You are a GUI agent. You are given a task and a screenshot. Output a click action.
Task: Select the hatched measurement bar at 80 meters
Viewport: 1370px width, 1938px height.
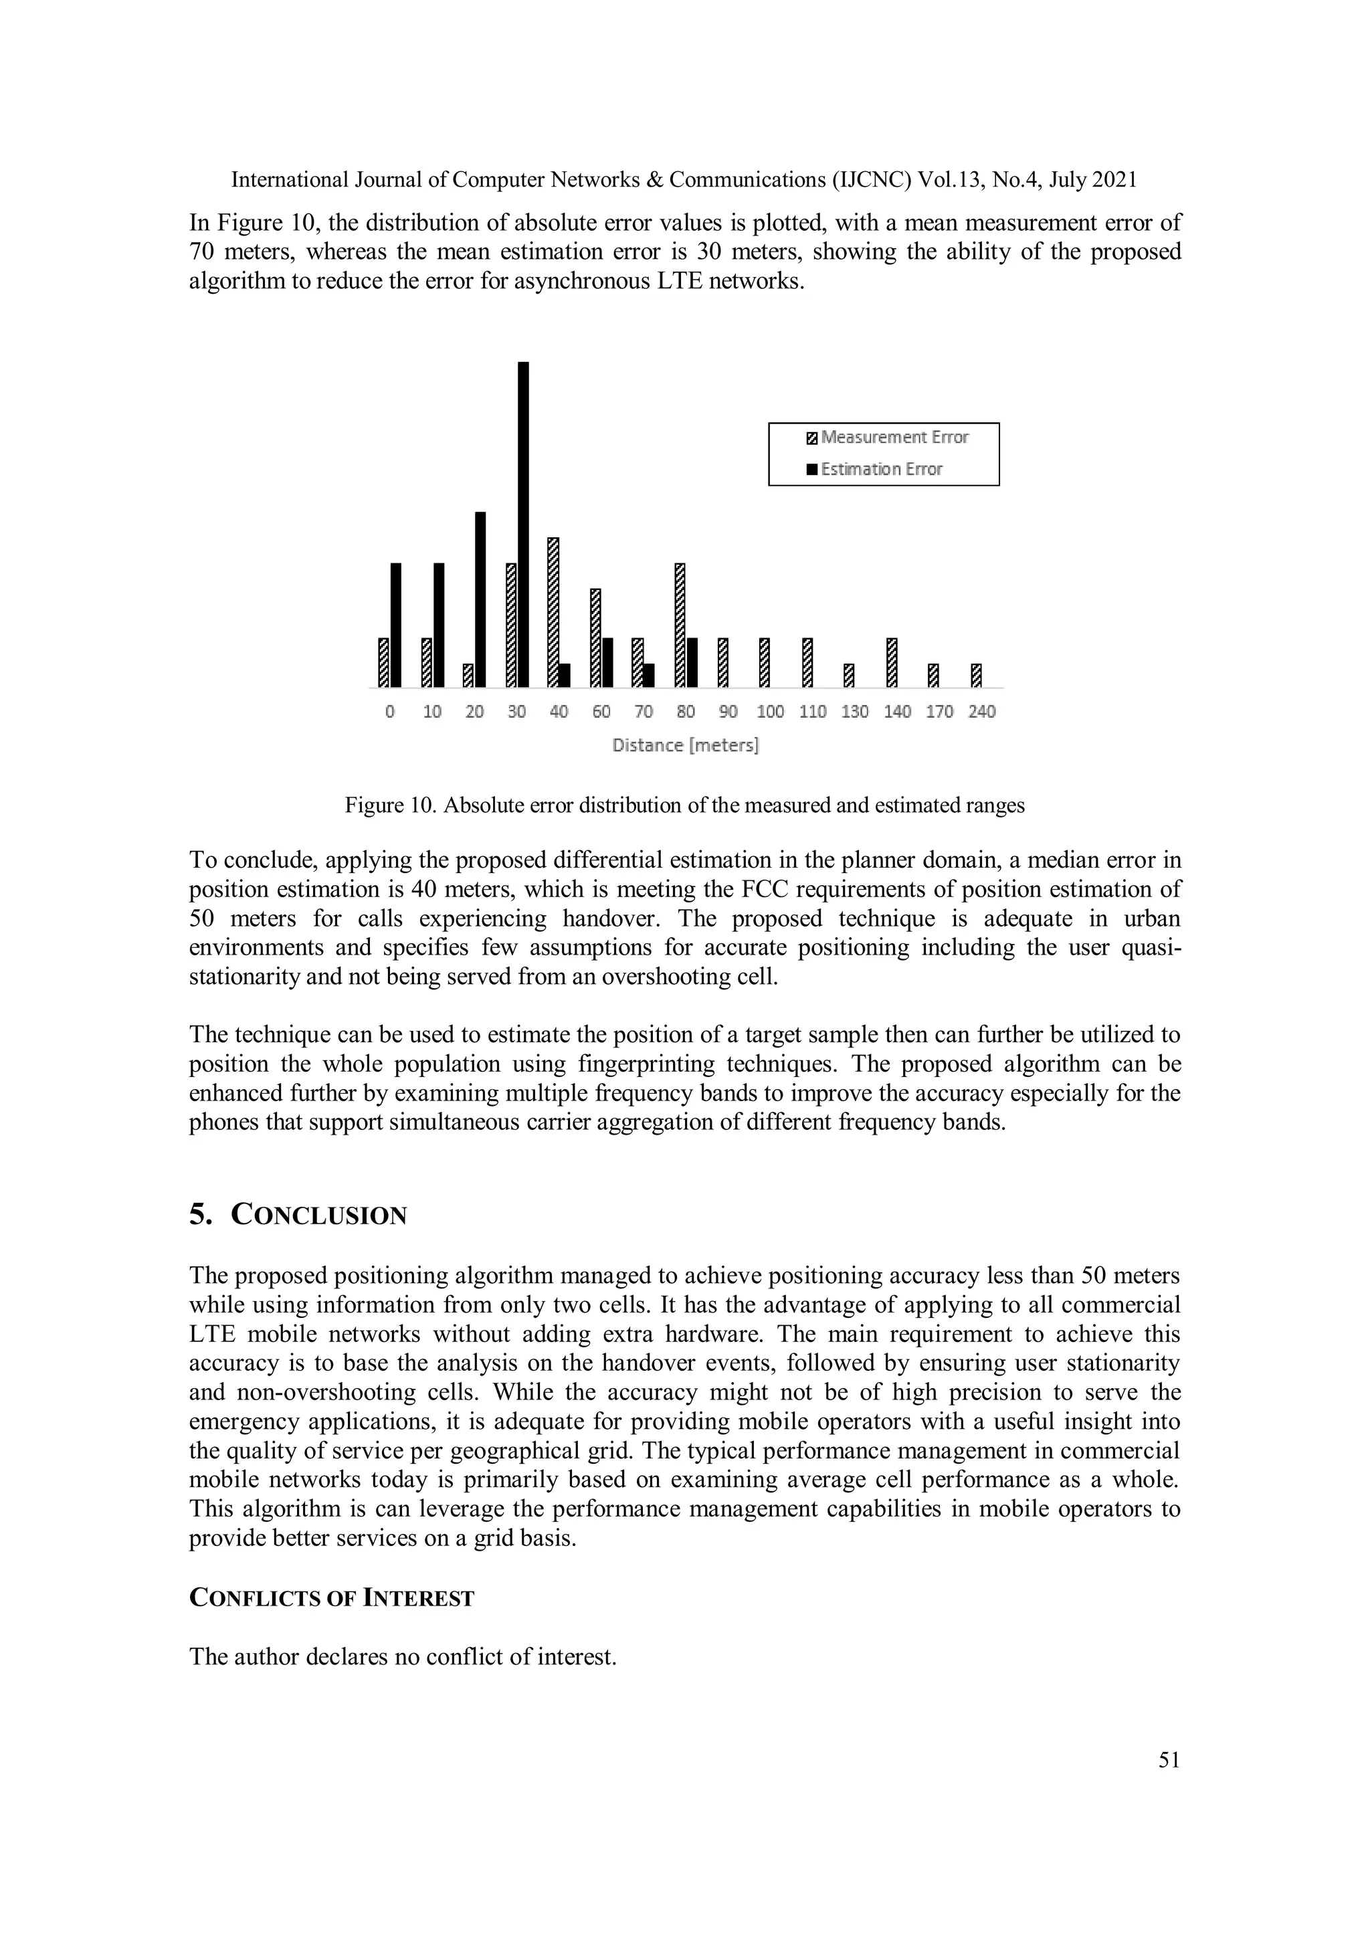[680, 625]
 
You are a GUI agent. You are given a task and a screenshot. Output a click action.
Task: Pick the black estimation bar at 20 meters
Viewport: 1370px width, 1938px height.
[480, 599]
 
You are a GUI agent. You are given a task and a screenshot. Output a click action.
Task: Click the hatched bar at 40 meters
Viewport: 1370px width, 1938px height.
[554, 612]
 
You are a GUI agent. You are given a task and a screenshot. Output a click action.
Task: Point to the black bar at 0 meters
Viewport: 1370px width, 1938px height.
[396, 625]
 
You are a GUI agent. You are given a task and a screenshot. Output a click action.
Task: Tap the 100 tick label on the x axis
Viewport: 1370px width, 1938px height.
[770, 712]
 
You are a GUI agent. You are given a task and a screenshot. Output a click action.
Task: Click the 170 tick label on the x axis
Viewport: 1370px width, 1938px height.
[939, 712]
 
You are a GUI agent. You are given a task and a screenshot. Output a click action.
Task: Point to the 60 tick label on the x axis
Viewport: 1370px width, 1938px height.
[601, 712]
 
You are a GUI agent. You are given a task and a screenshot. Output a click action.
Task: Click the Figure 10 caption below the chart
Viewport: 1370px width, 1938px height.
[684, 805]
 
